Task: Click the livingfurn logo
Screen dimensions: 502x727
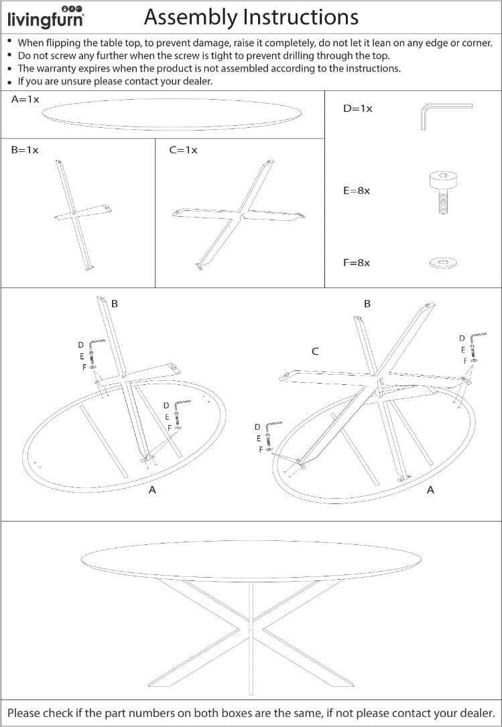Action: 46,17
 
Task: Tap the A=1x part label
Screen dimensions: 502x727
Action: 25,99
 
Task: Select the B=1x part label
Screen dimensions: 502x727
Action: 25,150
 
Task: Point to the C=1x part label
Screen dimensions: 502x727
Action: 184,150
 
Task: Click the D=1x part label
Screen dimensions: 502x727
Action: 358,109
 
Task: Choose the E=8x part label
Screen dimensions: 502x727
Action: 357,191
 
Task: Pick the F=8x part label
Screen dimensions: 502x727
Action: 357,263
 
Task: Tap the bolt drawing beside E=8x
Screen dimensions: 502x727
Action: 442,192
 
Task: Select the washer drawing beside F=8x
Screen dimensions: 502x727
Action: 444,263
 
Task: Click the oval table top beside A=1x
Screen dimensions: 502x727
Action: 172,113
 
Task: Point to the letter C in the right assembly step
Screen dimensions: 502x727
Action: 315,351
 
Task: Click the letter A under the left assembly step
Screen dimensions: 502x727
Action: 152,489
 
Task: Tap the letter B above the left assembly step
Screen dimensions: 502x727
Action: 115,304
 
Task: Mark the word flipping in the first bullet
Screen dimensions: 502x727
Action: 62,43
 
